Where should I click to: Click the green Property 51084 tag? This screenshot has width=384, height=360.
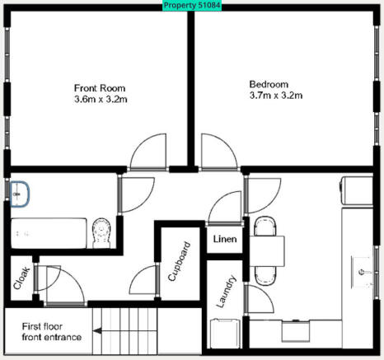coord(192,5)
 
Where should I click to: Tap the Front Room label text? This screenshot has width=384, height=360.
coord(100,87)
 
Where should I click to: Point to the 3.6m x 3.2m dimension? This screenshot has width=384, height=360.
coord(100,100)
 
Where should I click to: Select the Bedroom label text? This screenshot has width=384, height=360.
coord(269,84)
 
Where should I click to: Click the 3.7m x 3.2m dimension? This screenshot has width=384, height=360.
coord(275,96)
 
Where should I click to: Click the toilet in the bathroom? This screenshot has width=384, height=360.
coord(102,233)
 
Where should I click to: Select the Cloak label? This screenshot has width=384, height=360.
coord(21,278)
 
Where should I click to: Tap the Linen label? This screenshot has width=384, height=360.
coord(225,240)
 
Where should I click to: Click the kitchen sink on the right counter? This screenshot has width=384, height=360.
coord(363,269)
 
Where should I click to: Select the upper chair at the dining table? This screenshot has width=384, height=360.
coord(265,227)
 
